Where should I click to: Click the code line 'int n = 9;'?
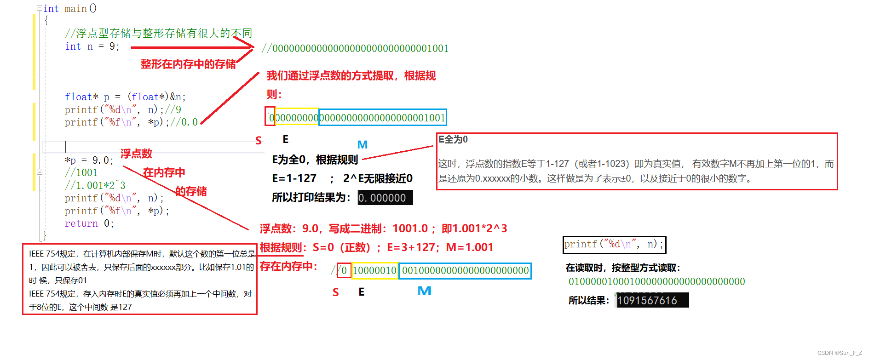click(x=92, y=46)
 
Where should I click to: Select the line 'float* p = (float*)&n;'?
click(x=125, y=97)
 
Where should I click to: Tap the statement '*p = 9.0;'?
click(x=89, y=160)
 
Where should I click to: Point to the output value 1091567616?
click(x=647, y=300)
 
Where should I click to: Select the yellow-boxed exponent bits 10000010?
click(x=374, y=271)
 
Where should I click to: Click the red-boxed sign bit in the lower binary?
click(x=344, y=271)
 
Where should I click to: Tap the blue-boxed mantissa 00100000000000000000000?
click(x=465, y=271)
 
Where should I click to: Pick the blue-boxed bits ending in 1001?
click(x=382, y=118)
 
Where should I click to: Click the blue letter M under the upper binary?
click(x=363, y=145)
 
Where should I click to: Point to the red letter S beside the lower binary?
click(x=336, y=292)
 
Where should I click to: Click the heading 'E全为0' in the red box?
click(x=453, y=139)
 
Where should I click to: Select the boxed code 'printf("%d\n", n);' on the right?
click(x=614, y=245)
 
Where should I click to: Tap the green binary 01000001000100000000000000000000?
click(x=656, y=281)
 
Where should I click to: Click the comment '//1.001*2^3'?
click(x=95, y=186)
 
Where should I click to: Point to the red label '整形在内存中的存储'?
click(x=188, y=64)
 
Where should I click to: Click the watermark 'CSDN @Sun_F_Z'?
click(x=840, y=353)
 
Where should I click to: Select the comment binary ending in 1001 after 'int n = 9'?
click(x=355, y=48)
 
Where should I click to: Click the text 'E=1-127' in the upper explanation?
click(x=294, y=178)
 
